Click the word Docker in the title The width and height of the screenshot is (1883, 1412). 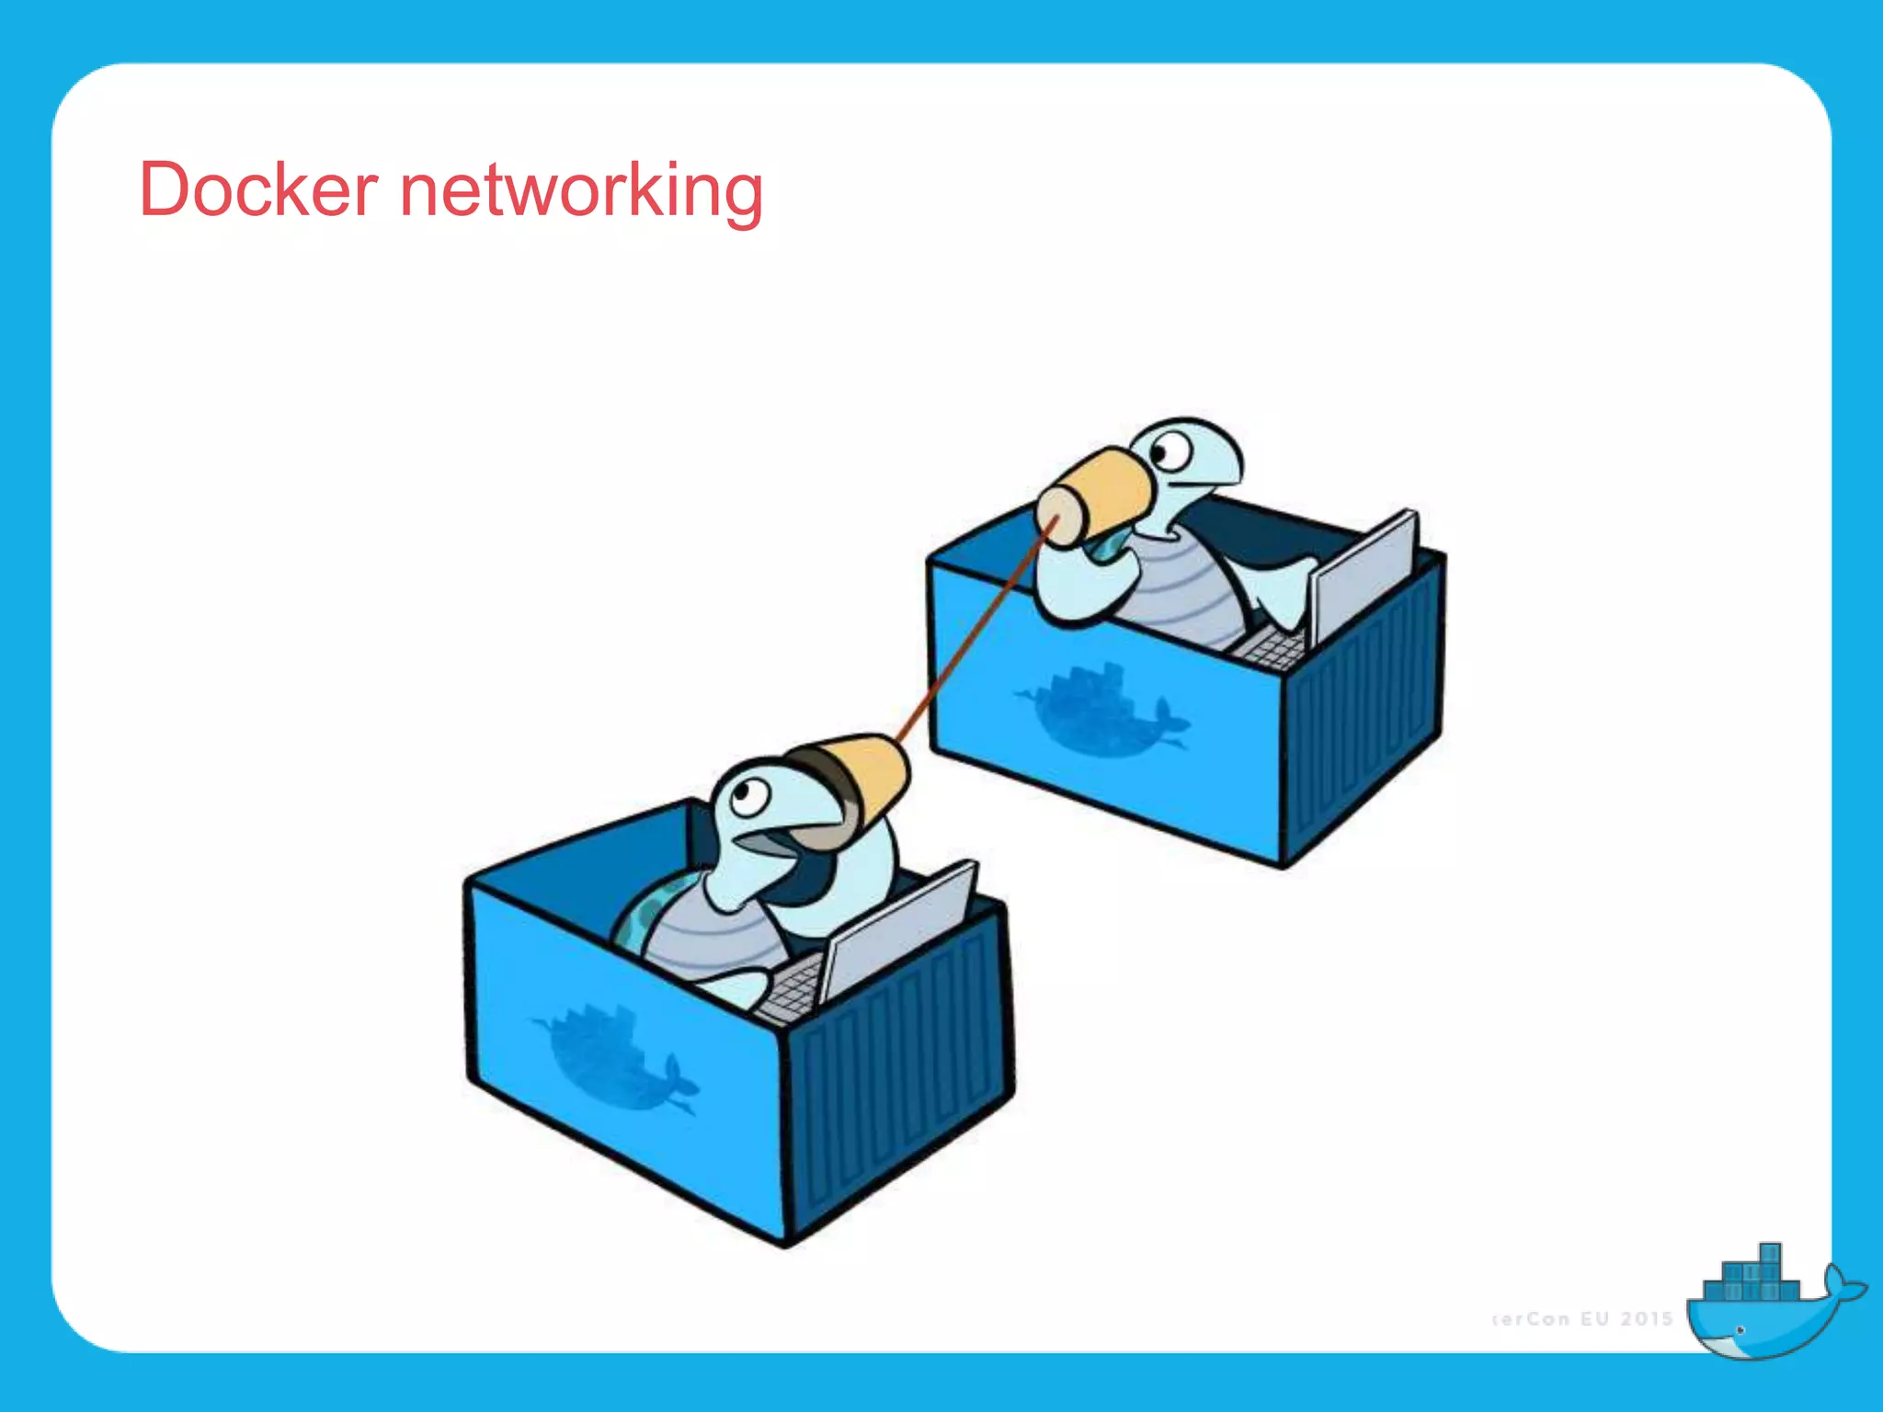pyautogui.click(x=258, y=190)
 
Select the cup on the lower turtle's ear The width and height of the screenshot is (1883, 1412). pyautogui.click(x=855, y=781)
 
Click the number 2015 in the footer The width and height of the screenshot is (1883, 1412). pyautogui.click(x=1646, y=1319)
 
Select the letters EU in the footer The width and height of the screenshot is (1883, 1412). pyautogui.click(x=1594, y=1319)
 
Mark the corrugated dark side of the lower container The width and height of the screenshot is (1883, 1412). pyautogui.click(x=896, y=1076)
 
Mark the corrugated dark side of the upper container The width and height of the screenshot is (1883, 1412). pyautogui.click(x=1361, y=708)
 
